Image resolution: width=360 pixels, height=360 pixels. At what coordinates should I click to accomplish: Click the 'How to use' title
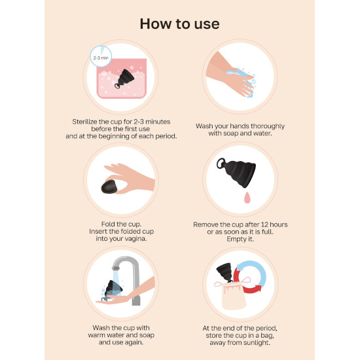point(179,24)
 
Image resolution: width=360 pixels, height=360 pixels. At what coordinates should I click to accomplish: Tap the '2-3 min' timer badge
point(101,56)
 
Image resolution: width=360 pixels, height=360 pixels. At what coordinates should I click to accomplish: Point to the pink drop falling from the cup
point(247,198)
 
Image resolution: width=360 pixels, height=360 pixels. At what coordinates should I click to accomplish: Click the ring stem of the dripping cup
point(221,163)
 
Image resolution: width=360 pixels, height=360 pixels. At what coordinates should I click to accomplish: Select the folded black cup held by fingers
point(109,187)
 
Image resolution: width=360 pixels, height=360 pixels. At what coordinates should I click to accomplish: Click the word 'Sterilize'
point(84,122)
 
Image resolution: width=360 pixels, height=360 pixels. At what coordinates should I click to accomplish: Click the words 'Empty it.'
point(240,239)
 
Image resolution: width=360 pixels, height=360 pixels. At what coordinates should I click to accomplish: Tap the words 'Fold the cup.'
point(121,224)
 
